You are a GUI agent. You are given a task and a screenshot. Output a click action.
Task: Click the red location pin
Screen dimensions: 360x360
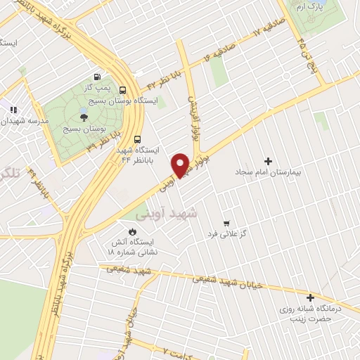tap(181, 165)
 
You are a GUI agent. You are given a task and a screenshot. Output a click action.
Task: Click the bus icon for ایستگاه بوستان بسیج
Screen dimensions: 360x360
tap(122, 90)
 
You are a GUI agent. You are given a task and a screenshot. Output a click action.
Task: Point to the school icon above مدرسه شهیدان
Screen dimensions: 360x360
tap(12, 109)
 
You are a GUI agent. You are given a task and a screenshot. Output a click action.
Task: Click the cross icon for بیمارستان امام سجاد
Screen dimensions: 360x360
tap(266, 161)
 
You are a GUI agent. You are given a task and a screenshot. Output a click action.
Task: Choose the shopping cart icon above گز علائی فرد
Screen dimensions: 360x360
tap(226, 221)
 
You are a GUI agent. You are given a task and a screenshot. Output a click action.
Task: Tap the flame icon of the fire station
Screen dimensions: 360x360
tap(131, 230)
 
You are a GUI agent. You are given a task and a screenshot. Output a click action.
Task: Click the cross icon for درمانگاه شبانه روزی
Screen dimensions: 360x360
tap(309, 297)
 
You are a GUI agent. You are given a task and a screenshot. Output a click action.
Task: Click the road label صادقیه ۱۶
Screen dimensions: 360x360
tap(219, 51)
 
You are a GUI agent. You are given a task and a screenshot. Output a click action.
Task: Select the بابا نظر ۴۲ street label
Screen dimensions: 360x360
tap(161, 83)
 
